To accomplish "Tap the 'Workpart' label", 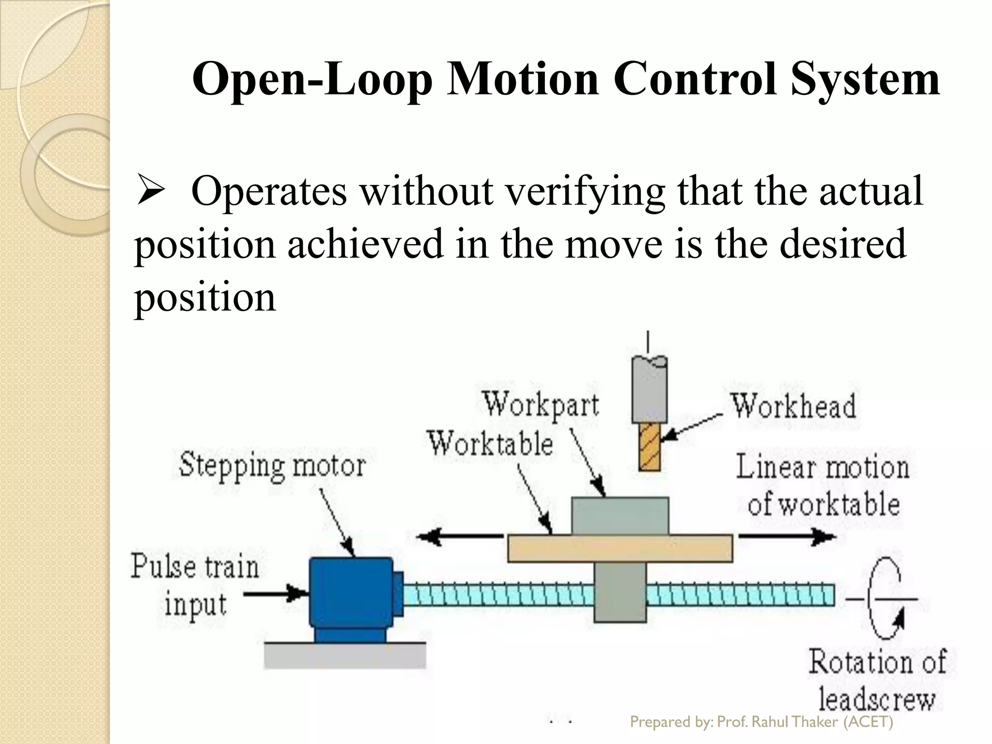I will (x=541, y=404).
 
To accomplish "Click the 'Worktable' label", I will (x=490, y=443).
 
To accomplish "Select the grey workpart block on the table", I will (x=620, y=515).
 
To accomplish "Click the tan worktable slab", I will (x=620, y=548).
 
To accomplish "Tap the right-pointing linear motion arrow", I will (x=787, y=536).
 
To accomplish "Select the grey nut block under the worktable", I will (x=620, y=593).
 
